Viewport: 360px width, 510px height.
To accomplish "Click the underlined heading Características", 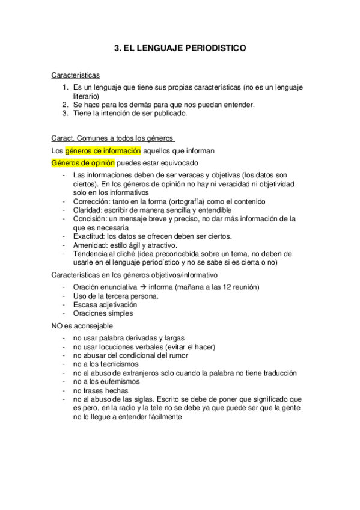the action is coord(76,76).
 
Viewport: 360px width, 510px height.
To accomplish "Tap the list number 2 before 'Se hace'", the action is coord(66,104).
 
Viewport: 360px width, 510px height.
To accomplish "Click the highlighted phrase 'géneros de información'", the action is coord(103,150).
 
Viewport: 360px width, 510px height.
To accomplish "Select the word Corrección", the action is coord(91,201).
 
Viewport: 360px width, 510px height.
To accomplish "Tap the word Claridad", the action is coord(88,210).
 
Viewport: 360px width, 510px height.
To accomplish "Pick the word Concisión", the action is coord(90,219).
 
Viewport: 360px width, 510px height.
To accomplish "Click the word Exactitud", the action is coord(90,236).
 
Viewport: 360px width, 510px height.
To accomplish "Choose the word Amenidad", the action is coord(90,245).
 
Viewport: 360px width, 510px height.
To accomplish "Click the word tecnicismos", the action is coord(114,364).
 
